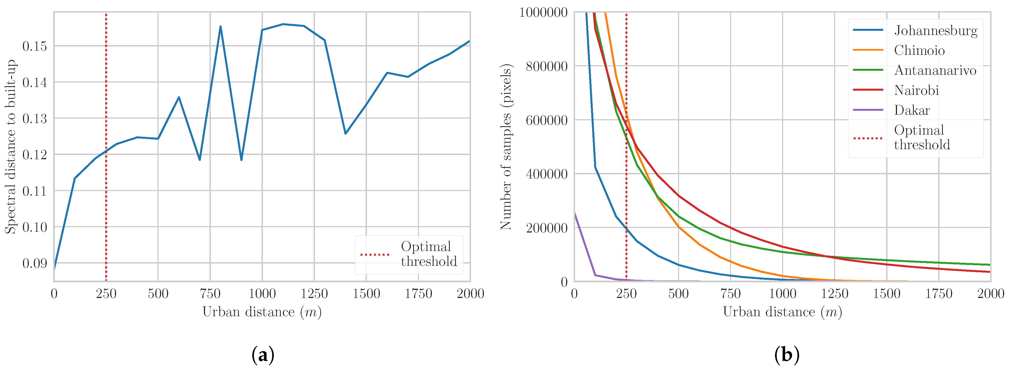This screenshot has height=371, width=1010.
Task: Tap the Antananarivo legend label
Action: tap(935, 71)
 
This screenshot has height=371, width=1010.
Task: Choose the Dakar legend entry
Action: tap(912, 111)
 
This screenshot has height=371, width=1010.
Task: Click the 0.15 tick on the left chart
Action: tap(34, 46)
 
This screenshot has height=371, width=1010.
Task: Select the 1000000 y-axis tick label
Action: tap(543, 13)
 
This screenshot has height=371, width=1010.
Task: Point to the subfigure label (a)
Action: tap(262, 355)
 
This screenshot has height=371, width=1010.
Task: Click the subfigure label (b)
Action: tap(787, 355)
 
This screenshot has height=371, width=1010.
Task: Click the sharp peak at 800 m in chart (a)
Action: tap(220, 27)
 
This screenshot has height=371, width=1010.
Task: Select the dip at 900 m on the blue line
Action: tap(241, 159)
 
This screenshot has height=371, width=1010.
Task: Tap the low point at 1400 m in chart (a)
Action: tap(345, 133)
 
